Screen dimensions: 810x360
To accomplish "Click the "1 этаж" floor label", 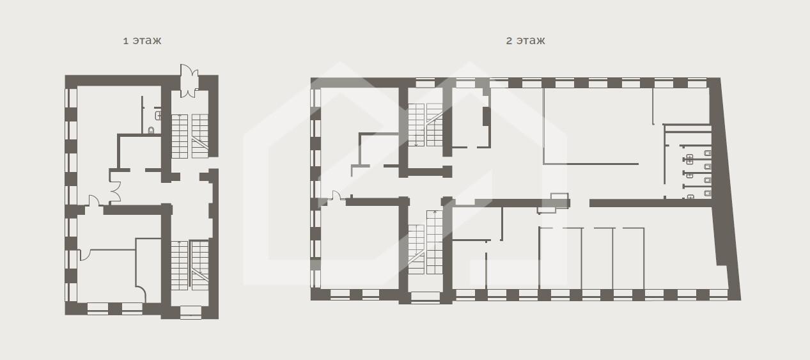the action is (x=142, y=40).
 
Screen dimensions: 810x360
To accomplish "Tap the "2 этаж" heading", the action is (x=525, y=40).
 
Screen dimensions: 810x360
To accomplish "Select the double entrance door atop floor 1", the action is (x=189, y=81).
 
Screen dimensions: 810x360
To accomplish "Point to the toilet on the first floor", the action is (x=151, y=130).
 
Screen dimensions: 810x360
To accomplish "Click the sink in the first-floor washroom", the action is (x=159, y=115).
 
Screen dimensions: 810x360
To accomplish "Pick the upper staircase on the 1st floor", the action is (x=190, y=136).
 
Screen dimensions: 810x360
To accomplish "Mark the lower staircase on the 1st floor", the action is (x=190, y=265).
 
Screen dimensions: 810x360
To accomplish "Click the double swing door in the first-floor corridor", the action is (x=115, y=186).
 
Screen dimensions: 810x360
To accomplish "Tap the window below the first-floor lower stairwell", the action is (x=191, y=312).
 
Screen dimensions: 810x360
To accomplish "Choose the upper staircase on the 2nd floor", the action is (x=425, y=125).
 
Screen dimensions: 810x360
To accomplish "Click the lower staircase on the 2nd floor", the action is (x=425, y=242).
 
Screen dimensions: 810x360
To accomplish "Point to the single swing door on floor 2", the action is (x=336, y=196).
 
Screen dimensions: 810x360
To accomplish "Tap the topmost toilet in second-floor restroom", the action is (x=708, y=153).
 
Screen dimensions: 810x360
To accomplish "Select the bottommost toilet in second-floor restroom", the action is (x=708, y=193).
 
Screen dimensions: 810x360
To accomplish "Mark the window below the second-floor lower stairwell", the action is (x=425, y=296).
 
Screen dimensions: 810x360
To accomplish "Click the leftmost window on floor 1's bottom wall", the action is (x=98, y=308).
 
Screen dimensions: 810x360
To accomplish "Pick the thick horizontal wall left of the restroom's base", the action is (x=651, y=203).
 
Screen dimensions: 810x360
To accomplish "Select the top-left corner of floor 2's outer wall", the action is (x=311, y=77).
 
